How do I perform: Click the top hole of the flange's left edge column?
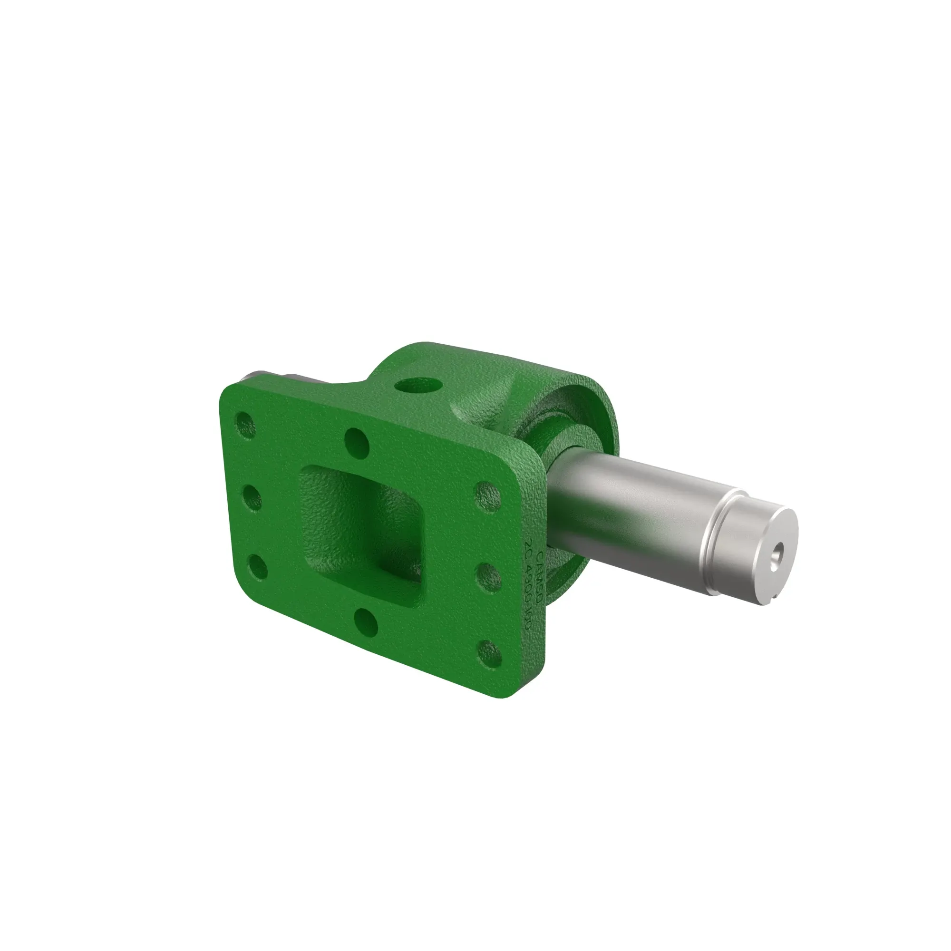tap(246, 424)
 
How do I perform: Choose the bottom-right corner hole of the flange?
tap(490, 653)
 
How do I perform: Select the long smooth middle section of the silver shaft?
tap(635, 507)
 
